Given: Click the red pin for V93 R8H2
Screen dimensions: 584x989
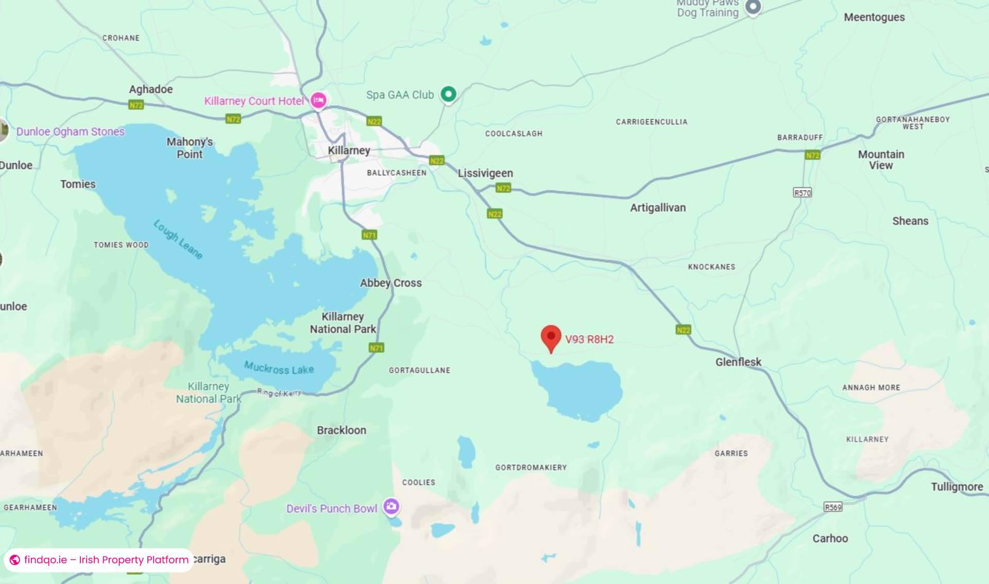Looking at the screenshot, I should (x=551, y=337).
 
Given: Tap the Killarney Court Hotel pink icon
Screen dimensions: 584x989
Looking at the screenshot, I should (x=318, y=99).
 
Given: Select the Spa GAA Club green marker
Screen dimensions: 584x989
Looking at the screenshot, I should (x=449, y=94).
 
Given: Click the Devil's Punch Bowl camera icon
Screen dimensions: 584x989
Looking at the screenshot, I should (x=391, y=506).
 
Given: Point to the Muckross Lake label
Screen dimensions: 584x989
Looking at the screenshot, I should (x=279, y=368).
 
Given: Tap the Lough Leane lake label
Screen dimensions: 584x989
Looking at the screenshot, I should (x=178, y=239).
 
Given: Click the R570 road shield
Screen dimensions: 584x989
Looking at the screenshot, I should (x=802, y=193).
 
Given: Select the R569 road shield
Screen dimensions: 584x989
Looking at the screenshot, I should (x=833, y=507).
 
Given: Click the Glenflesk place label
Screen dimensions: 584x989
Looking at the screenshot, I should (x=738, y=362).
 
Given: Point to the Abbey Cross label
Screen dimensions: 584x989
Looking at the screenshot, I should (x=390, y=283).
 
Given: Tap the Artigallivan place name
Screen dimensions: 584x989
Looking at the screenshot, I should (x=658, y=208).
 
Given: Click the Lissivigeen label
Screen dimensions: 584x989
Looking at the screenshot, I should (x=485, y=173).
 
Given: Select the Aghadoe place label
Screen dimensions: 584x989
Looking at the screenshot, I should (x=150, y=89).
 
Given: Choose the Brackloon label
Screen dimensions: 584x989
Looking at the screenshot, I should (x=342, y=430).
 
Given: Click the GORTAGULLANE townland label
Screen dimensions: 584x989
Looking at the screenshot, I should (x=419, y=370).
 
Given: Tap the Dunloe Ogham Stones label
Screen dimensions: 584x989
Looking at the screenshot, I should (x=70, y=131).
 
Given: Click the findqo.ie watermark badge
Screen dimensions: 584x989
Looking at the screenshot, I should (x=99, y=560).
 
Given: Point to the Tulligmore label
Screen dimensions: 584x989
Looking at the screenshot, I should (x=957, y=487).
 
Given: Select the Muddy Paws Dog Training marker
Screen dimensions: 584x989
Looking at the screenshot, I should (x=753, y=7).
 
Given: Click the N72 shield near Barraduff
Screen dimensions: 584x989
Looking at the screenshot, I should (x=812, y=155).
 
